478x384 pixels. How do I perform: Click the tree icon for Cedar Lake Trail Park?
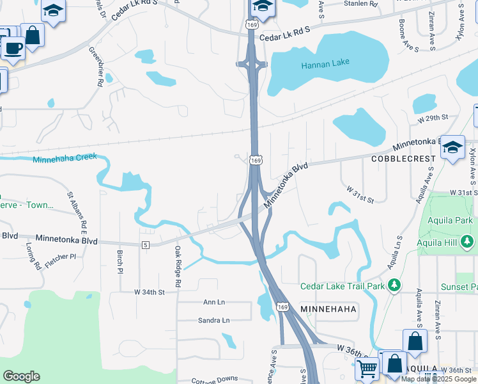click(396, 284)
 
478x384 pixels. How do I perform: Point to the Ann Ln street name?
click(214, 301)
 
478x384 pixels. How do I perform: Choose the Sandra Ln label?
click(213, 320)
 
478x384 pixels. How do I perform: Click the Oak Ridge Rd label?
click(178, 263)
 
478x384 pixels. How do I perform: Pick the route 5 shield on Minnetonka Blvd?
click(146, 244)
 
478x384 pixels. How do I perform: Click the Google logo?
click(21, 376)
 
